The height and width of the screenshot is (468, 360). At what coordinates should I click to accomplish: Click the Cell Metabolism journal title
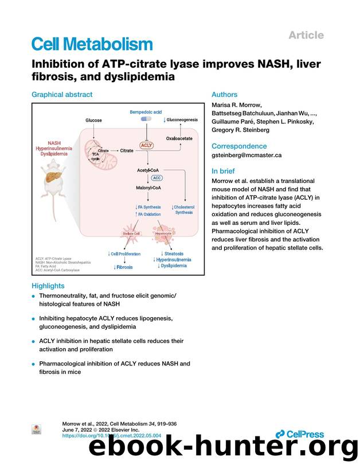coord(92,44)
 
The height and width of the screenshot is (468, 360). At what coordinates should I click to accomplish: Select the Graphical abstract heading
coord(62,95)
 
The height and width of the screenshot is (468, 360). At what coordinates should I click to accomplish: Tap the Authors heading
coord(224,95)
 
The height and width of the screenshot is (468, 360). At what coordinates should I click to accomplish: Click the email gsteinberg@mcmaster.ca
coord(246,155)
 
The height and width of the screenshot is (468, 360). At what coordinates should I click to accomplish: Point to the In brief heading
coord(223,171)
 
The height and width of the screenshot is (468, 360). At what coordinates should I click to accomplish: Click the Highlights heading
coord(48,286)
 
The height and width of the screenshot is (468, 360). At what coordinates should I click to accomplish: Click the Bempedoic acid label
coord(146,112)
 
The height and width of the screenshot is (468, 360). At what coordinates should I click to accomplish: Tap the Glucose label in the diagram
coord(93,120)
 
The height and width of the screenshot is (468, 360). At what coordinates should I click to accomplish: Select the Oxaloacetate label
coord(180,138)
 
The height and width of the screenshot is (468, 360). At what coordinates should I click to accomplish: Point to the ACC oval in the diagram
coord(156,178)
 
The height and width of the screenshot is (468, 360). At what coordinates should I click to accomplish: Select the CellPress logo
coord(299,434)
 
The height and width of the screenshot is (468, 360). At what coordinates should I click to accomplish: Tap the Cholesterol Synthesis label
coord(183,209)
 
